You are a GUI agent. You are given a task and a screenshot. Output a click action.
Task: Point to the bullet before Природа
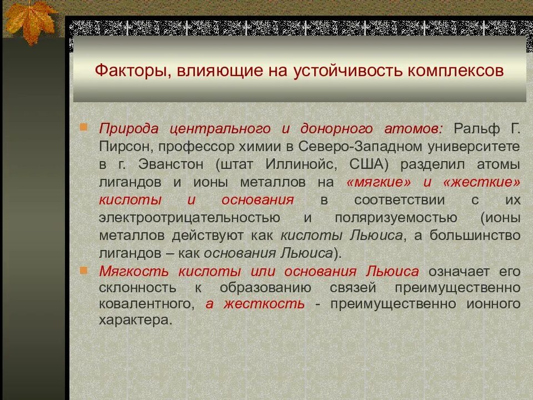pos(83,127)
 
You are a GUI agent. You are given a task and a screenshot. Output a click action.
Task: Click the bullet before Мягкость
pos(83,271)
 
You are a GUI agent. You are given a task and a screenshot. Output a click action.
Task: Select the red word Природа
pos(128,129)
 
